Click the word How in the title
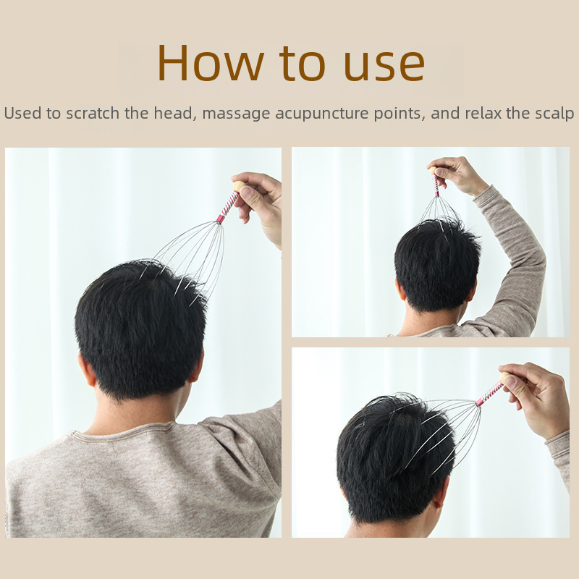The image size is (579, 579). [211, 62]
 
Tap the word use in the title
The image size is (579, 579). [384, 65]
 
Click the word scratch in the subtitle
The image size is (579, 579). [93, 113]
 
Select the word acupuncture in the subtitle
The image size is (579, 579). [321, 114]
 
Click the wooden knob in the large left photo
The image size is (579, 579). [239, 186]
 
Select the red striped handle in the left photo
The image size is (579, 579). [227, 207]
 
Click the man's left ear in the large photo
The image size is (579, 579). [87, 369]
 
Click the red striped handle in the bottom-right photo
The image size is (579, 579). [489, 394]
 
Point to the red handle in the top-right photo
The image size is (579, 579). [436, 185]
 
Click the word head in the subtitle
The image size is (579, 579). [173, 113]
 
